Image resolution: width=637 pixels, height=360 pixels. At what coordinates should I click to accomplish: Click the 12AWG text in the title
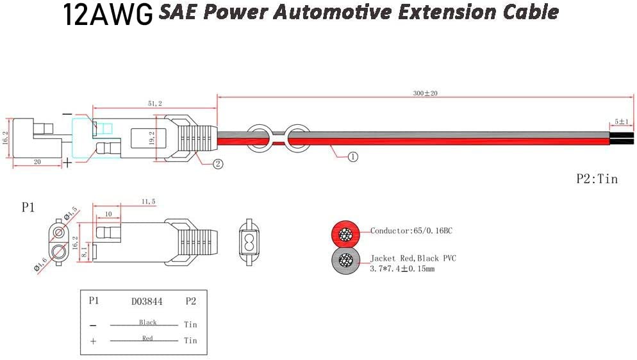point(108,14)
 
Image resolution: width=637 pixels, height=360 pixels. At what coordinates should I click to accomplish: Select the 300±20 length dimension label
point(424,94)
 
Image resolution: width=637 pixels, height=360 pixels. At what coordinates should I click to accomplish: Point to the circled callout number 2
point(218,163)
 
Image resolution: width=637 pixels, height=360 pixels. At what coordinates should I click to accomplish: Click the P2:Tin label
point(597,179)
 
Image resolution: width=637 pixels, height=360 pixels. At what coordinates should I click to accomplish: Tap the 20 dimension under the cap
point(37,163)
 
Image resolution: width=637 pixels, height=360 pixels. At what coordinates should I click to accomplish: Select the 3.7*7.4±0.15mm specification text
point(402,269)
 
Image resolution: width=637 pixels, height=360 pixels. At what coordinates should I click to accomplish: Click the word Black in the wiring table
point(147,322)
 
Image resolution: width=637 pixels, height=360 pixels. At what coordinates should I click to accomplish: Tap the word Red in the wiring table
point(147,338)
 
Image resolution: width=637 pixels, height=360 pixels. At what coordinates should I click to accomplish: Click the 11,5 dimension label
point(148,202)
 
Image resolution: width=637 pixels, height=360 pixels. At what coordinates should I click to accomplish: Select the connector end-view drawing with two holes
point(248,244)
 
